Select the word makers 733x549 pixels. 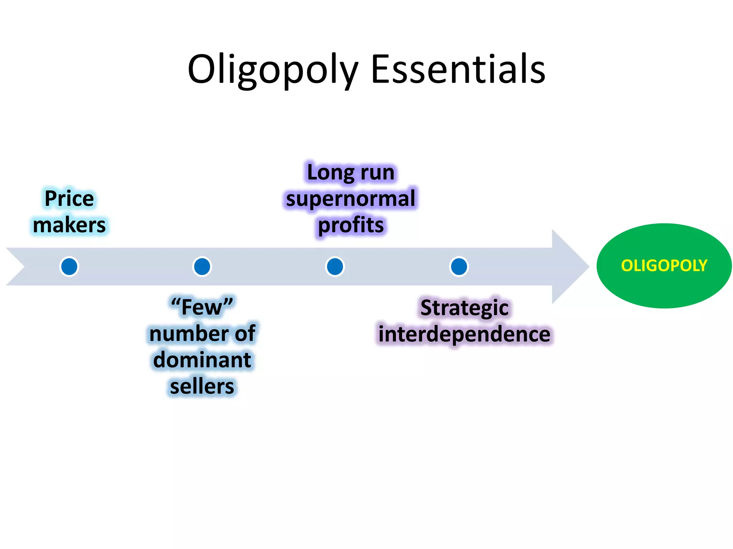69,225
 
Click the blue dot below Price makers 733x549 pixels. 69,266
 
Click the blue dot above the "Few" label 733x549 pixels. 202,266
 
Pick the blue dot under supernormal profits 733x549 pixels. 335,266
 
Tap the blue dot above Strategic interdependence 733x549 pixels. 459,266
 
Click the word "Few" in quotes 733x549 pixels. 202,307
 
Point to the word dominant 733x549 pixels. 202,360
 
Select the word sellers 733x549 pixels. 202,386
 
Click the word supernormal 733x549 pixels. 350,198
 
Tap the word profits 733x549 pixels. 350,225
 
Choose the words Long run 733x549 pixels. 350,172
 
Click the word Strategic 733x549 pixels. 464,307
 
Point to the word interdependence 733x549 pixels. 464,334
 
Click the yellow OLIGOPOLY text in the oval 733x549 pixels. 664,266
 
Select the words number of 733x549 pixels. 202,333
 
